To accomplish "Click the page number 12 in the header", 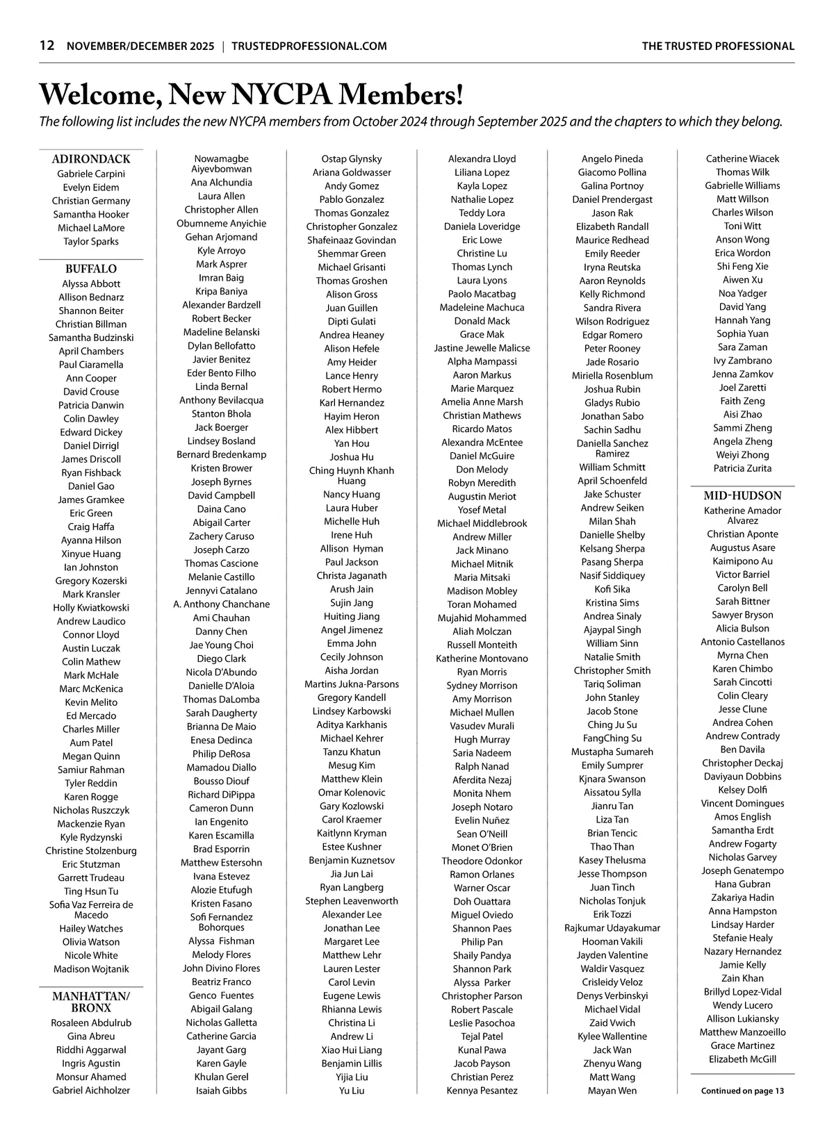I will [x=47, y=46].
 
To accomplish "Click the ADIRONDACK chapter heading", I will [x=91, y=159].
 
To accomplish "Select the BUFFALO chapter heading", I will [x=91, y=269].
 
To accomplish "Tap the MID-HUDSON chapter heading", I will [x=742, y=496].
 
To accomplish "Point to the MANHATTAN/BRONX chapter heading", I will [x=91, y=1002].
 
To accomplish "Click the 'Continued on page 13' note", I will [x=742, y=1091].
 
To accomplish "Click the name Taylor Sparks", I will [x=91, y=242].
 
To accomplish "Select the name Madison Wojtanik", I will [x=91, y=969].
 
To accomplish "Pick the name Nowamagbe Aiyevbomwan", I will [x=222, y=164].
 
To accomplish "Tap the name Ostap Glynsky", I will [x=352, y=159].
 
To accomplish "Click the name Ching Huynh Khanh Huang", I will [x=352, y=476].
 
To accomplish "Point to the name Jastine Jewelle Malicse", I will [x=482, y=348].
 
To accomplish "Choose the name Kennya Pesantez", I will [x=482, y=1091].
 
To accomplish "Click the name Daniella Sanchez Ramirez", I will [x=612, y=449].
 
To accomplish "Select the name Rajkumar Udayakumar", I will [x=612, y=928].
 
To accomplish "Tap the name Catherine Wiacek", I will [x=742, y=159].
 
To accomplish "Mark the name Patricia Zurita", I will [x=742, y=468].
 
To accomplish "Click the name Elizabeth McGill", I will [x=742, y=1059].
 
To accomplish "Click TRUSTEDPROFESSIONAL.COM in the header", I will [x=309, y=47].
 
